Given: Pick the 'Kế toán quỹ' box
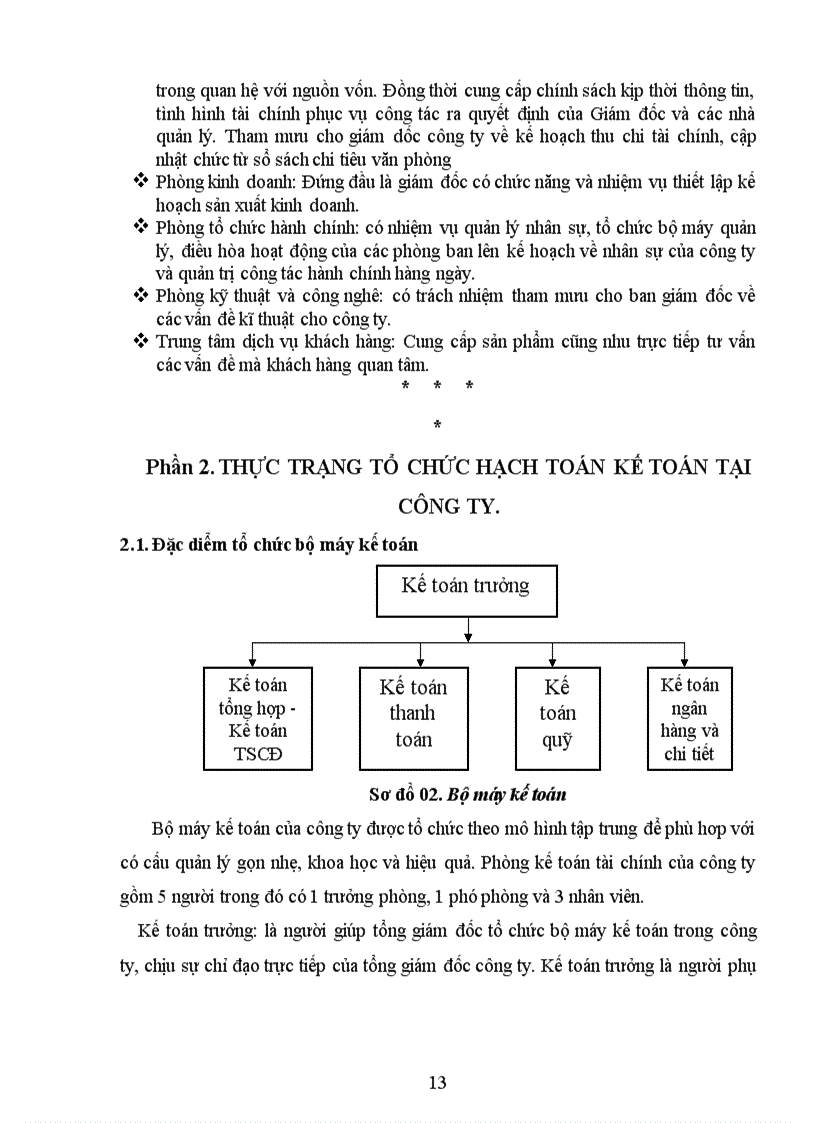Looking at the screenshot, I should tap(557, 714).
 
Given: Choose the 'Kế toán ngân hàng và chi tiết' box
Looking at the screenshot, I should tap(690, 719).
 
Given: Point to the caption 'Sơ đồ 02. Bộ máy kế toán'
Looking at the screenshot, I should tap(467, 796).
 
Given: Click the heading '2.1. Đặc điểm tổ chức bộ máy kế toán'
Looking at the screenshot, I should tap(268, 545).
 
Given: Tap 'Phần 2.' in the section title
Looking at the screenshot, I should tap(179, 467).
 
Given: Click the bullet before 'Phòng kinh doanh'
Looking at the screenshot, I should tap(140, 182).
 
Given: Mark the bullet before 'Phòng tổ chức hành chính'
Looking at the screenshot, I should tap(140, 228).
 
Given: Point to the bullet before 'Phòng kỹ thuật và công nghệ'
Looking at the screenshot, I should tap(140, 295).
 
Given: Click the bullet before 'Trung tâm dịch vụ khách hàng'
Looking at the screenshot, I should tap(140, 341).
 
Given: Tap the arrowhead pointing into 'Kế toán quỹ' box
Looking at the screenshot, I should tap(551, 661).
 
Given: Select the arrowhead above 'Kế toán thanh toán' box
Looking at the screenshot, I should tap(420, 661).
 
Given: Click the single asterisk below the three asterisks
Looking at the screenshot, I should tap(437, 427).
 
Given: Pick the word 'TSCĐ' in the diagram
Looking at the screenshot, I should tap(256, 755).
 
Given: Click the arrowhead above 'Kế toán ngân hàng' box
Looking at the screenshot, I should tap(684, 661).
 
